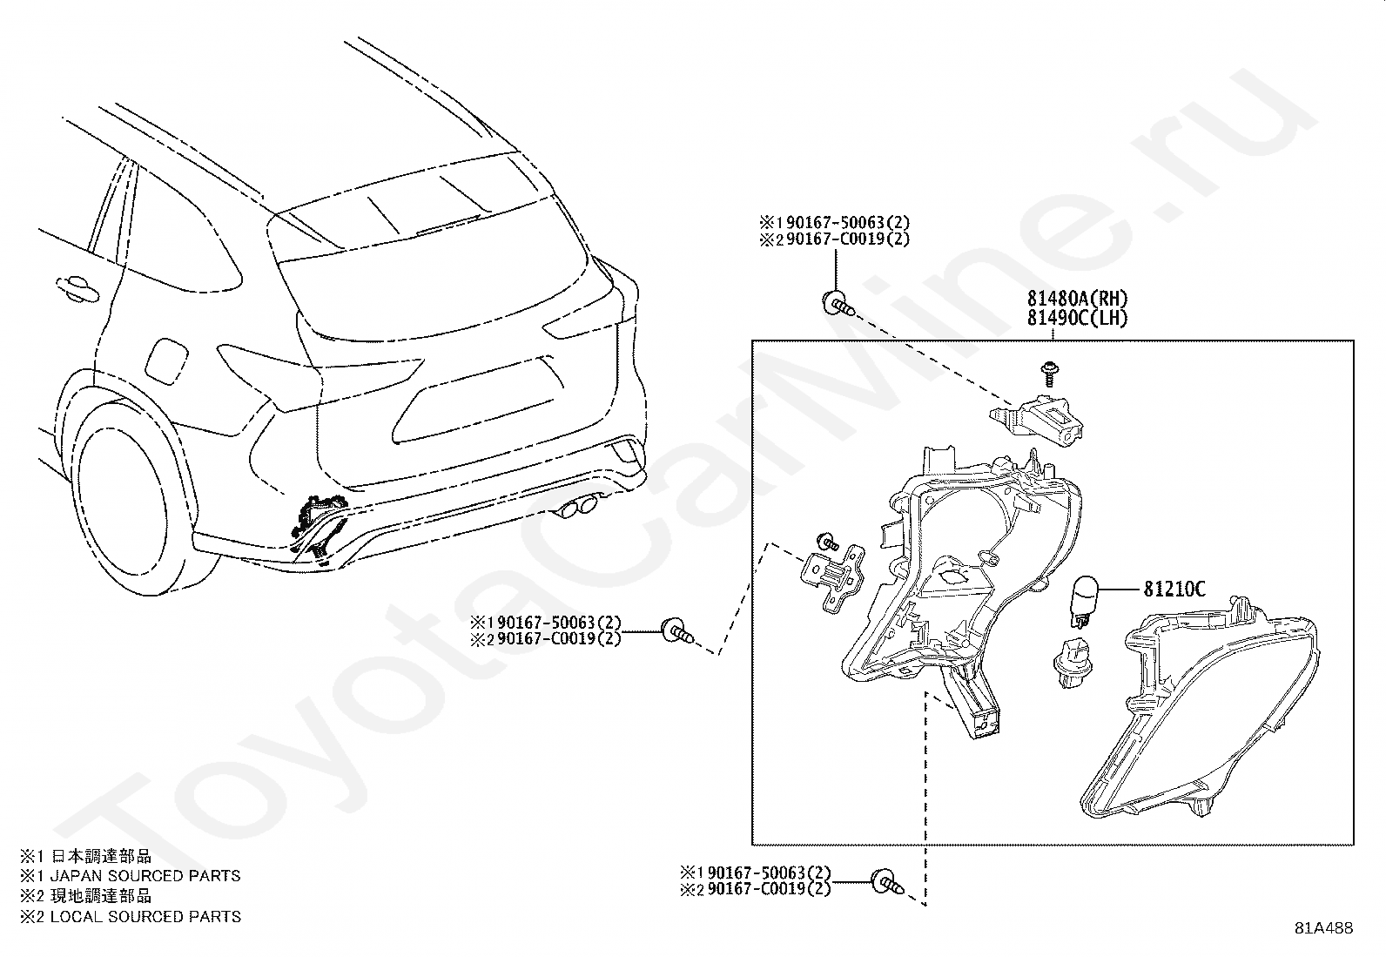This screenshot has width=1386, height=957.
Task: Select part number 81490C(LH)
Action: tap(1077, 319)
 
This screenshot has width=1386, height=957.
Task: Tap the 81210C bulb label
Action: tap(1174, 590)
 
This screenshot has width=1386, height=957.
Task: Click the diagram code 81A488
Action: tap(1323, 928)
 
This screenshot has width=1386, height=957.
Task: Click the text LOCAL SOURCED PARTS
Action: tap(145, 916)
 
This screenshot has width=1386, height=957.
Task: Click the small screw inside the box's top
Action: tap(1049, 372)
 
